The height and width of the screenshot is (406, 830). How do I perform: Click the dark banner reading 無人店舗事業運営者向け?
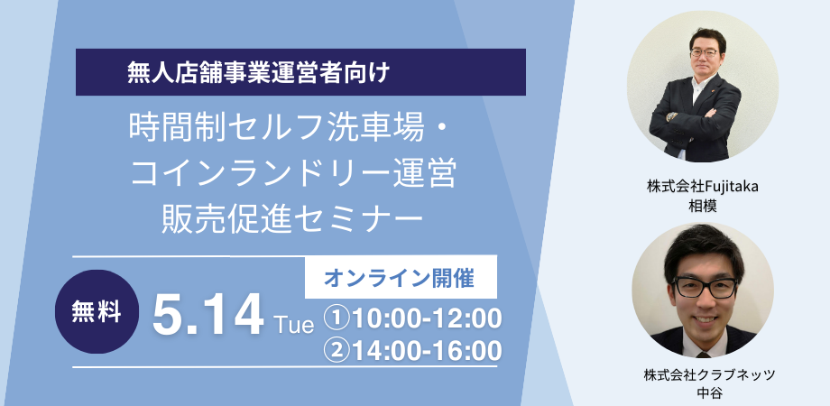[300, 72]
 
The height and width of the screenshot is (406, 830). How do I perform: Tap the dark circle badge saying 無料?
[97, 312]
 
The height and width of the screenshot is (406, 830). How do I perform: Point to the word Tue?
[294, 325]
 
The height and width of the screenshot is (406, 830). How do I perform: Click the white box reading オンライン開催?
[401, 277]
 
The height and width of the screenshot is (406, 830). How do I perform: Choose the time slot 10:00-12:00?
[427, 319]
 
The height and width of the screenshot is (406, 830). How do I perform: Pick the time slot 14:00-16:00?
[427, 351]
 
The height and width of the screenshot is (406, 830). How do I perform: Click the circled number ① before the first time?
[340, 319]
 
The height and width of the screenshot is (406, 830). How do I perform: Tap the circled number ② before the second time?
[340, 352]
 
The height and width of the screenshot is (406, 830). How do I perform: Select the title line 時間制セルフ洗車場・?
[288, 130]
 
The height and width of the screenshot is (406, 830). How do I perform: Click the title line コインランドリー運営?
[292, 173]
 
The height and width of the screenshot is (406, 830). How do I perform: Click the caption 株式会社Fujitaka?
[703, 187]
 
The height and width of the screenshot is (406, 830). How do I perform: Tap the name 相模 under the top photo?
[703, 206]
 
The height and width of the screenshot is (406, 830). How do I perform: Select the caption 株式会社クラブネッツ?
[709, 374]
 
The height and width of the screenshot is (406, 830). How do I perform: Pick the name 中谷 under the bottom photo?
[709, 393]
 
